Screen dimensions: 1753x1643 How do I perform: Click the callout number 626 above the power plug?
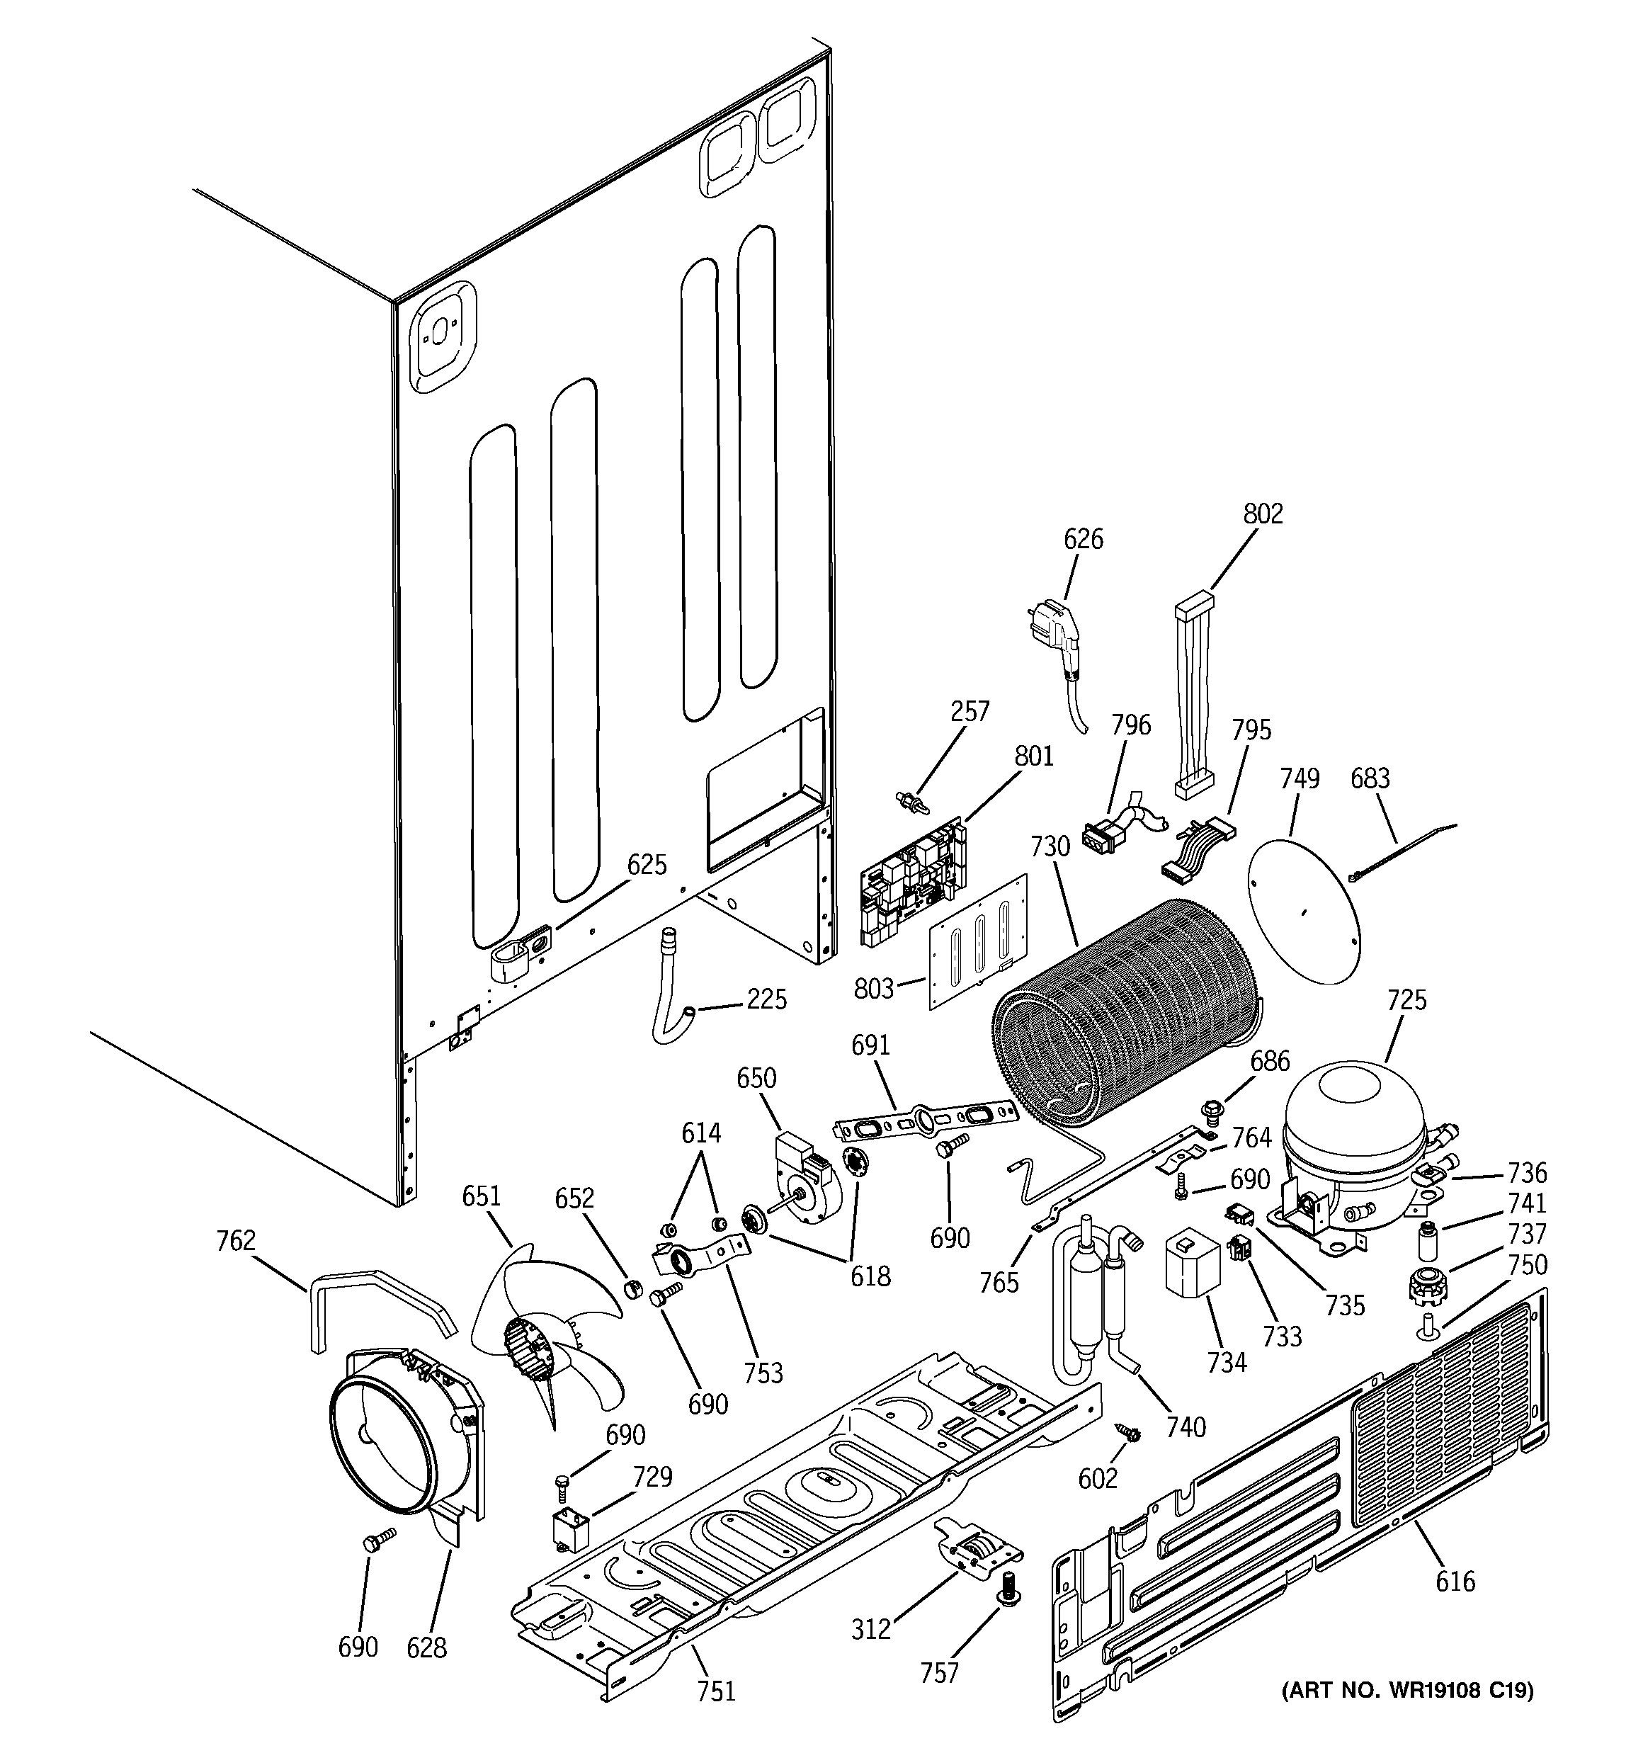coord(1082,539)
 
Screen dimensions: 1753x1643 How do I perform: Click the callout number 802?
coord(1263,514)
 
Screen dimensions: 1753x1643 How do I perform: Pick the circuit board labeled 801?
coord(914,883)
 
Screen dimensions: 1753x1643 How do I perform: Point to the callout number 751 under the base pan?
coord(715,1691)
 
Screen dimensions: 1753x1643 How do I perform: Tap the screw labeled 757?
coord(1006,1611)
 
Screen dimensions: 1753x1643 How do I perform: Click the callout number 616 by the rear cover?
coord(1455,1581)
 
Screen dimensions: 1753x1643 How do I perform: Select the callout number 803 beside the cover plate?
coord(874,989)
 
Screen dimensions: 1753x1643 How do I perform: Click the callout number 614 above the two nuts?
coord(700,1133)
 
